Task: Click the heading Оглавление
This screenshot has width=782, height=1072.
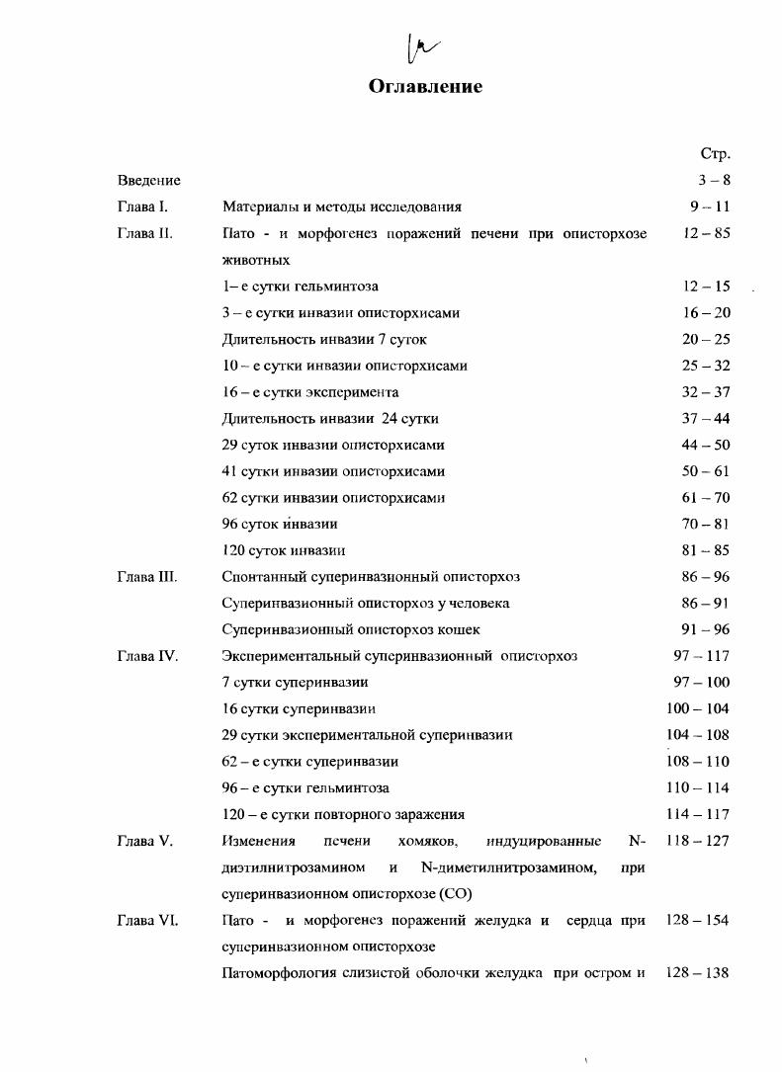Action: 425,86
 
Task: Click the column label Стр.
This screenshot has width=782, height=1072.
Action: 715,154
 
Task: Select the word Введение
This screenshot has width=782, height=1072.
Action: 148,181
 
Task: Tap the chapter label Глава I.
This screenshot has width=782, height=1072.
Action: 142,207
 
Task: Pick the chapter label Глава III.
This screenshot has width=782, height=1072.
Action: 146,576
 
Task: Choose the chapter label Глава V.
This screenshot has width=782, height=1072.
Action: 144,841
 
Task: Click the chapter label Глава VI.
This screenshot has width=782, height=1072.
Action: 146,920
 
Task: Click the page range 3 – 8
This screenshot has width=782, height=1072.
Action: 713,181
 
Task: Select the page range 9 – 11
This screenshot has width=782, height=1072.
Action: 709,207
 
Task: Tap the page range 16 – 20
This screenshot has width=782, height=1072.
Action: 706,312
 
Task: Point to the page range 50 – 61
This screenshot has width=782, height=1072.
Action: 706,471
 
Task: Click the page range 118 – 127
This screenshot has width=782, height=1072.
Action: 698,841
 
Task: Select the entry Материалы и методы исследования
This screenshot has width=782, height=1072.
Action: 341,207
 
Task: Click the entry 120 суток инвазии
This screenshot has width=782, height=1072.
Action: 283,550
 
